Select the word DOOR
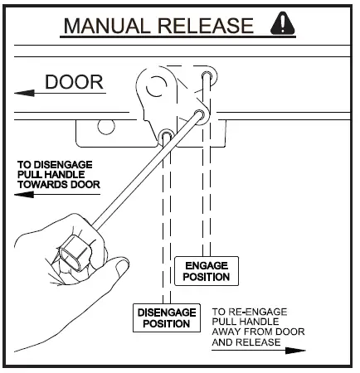click(x=74, y=82)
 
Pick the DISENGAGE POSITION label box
click(x=166, y=317)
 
